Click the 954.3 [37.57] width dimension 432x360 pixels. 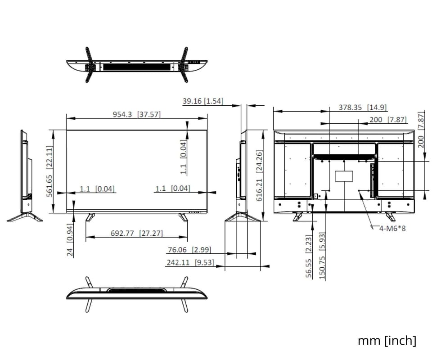pyautogui.click(x=136, y=114)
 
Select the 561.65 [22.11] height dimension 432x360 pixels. pyautogui.click(x=49, y=171)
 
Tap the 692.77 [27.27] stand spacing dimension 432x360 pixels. pyautogui.click(x=137, y=233)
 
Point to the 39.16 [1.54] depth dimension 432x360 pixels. pyautogui.click(x=203, y=101)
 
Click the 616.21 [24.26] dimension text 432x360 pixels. pyautogui.click(x=259, y=175)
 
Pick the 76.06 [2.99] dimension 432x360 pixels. pyautogui.click(x=189, y=250)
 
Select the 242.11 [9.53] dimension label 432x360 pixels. pyautogui.click(x=190, y=262)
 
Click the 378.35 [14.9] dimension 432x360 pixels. pyautogui.click(x=363, y=107)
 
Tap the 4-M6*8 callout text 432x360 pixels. pyautogui.click(x=392, y=228)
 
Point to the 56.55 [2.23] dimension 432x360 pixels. pyautogui.click(x=309, y=256)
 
